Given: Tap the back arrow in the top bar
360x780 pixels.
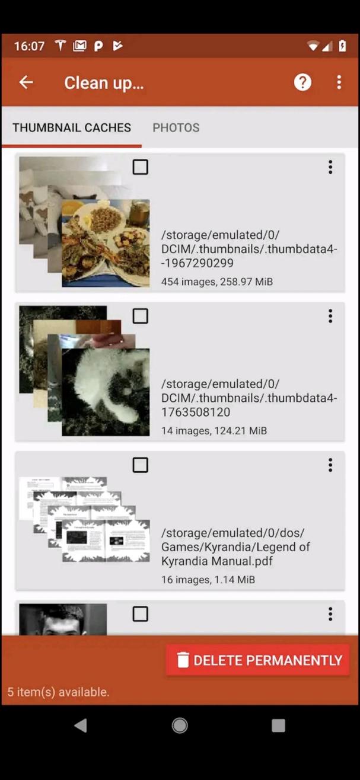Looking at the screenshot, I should point(26,82).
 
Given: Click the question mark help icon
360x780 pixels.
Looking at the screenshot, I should point(302,82).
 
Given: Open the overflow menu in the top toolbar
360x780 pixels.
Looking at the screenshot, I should point(339,82).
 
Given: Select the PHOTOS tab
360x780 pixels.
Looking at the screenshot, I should point(176,127).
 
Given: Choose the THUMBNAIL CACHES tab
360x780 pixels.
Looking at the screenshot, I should point(72,127).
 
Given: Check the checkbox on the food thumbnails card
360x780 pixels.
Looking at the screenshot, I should point(141,167).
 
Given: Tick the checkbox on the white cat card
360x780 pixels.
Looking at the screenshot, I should point(141,316).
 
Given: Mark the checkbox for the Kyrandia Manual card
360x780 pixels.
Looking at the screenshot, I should point(141,465).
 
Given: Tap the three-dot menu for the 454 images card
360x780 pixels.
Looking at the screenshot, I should point(330,167).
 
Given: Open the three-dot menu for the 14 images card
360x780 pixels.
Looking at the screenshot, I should point(330,316).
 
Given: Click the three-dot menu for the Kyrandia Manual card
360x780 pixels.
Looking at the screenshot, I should point(330,465).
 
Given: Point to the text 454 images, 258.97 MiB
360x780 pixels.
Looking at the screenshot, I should point(217,282).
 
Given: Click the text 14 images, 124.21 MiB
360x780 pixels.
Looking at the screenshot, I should point(214,430).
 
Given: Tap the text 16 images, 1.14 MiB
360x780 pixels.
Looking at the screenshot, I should point(208,580).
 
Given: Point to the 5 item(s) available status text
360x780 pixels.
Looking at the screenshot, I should point(58,692).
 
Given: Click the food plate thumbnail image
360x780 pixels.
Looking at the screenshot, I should point(106,243).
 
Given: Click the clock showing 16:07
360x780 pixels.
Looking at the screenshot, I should point(29,46).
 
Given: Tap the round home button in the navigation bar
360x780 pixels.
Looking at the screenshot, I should point(180,725).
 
